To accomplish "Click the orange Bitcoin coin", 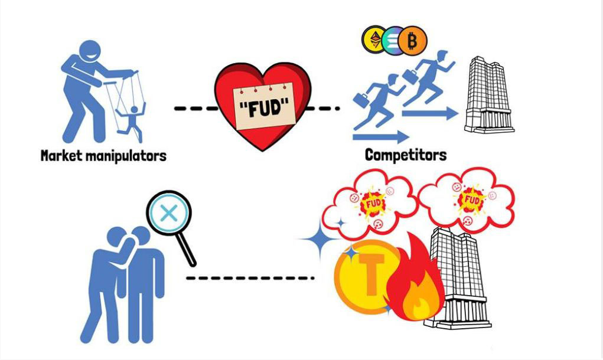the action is click(412, 40).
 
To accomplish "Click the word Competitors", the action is click(406, 155).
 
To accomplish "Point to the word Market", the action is click(61, 156).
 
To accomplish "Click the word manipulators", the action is click(126, 156).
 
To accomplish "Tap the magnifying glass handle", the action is click(187, 248).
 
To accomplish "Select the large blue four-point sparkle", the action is click(320, 239).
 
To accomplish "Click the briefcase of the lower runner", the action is click(361, 100).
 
